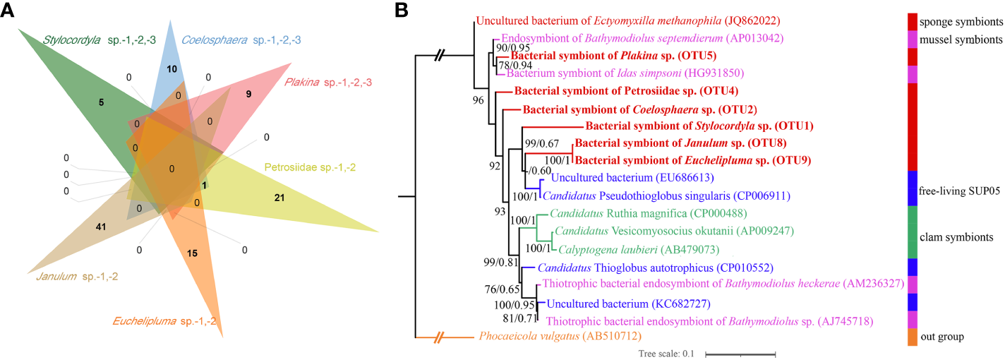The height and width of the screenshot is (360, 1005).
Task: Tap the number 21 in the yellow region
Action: [x=279, y=198]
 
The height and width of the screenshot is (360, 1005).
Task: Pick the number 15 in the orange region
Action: [x=193, y=252]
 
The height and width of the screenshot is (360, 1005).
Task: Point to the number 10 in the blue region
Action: [x=172, y=68]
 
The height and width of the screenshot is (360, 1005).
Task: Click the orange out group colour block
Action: [x=912, y=337]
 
